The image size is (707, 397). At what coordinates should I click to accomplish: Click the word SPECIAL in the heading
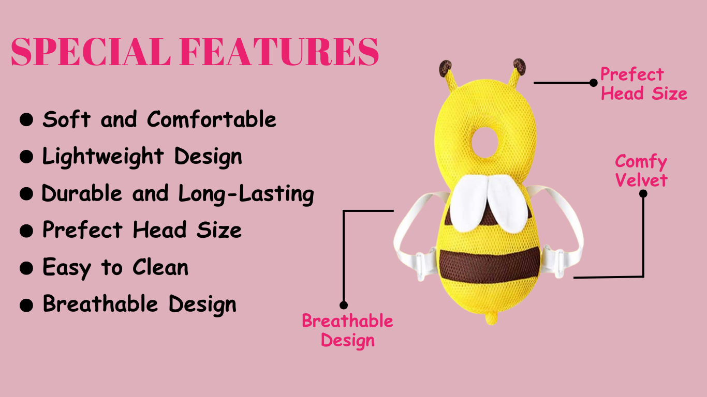[x=90, y=51]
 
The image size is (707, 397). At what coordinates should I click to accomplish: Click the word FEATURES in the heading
[x=279, y=51]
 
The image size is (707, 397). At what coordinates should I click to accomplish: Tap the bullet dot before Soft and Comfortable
[x=26, y=119]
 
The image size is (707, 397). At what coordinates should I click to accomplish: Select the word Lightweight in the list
[x=103, y=157]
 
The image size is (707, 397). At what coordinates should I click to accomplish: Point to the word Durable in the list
[x=82, y=193]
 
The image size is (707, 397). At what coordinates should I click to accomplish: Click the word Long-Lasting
[x=246, y=194]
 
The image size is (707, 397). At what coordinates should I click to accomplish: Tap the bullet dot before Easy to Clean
[x=26, y=268]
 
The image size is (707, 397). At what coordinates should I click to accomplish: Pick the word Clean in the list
[x=160, y=267]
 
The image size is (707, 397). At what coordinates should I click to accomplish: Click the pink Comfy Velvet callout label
[x=641, y=171]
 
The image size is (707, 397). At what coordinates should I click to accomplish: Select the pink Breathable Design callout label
[x=347, y=331]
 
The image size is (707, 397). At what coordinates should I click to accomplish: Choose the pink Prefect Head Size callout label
[x=644, y=84]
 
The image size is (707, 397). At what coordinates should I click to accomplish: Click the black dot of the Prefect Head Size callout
[x=593, y=83]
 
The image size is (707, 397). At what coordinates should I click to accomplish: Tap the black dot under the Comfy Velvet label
[x=643, y=194]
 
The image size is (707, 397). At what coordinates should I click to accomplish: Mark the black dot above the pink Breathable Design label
[x=344, y=305]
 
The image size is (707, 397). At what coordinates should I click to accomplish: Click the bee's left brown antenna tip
[x=445, y=68]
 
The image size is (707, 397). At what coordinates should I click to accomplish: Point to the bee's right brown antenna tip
[x=519, y=67]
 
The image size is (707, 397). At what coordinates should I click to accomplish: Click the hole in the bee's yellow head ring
[x=485, y=143]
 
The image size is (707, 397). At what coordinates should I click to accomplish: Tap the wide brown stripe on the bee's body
[x=490, y=264]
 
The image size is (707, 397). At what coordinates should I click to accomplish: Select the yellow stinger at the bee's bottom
[x=491, y=317]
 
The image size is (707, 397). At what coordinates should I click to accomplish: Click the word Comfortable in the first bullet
[x=212, y=119]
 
